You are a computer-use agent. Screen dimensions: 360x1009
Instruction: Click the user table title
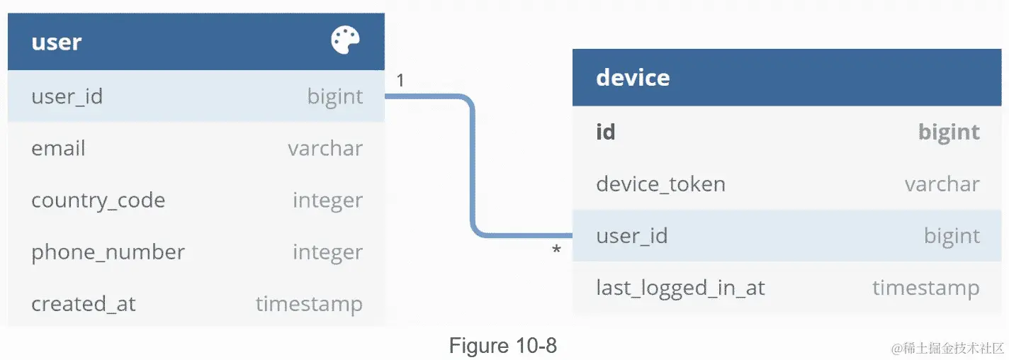(x=57, y=42)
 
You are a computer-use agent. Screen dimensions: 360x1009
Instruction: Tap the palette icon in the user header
(x=345, y=40)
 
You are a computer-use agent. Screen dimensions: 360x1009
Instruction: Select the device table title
(x=633, y=77)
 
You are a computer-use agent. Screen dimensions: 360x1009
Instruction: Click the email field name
(x=58, y=148)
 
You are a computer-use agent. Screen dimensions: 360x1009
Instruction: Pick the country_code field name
(x=98, y=201)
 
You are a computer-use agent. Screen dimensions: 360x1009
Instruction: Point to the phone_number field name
(x=108, y=252)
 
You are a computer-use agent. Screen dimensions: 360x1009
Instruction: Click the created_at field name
(x=83, y=304)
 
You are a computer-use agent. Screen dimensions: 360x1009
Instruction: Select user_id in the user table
(x=67, y=96)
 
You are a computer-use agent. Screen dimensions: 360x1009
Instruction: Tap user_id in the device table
(x=631, y=236)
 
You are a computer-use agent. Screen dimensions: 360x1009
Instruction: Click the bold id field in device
(x=605, y=132)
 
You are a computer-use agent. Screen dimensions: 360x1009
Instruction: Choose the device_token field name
(x=660, y=184)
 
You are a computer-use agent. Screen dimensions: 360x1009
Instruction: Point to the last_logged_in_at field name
(x=680, y=288)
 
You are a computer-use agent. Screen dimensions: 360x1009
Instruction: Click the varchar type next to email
(x=325, y=148)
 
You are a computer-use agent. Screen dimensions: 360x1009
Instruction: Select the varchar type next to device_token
(x=942, y=184)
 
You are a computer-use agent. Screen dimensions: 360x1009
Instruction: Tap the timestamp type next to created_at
(x=309, y=304)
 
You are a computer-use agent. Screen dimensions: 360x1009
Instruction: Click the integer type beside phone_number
(x=327, y=252)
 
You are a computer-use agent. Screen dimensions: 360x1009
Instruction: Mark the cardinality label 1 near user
(x=400, y=81)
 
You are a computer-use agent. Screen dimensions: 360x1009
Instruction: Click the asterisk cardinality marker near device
(x=556, y=250)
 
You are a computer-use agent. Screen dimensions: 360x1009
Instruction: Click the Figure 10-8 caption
(x=503, y=346)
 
